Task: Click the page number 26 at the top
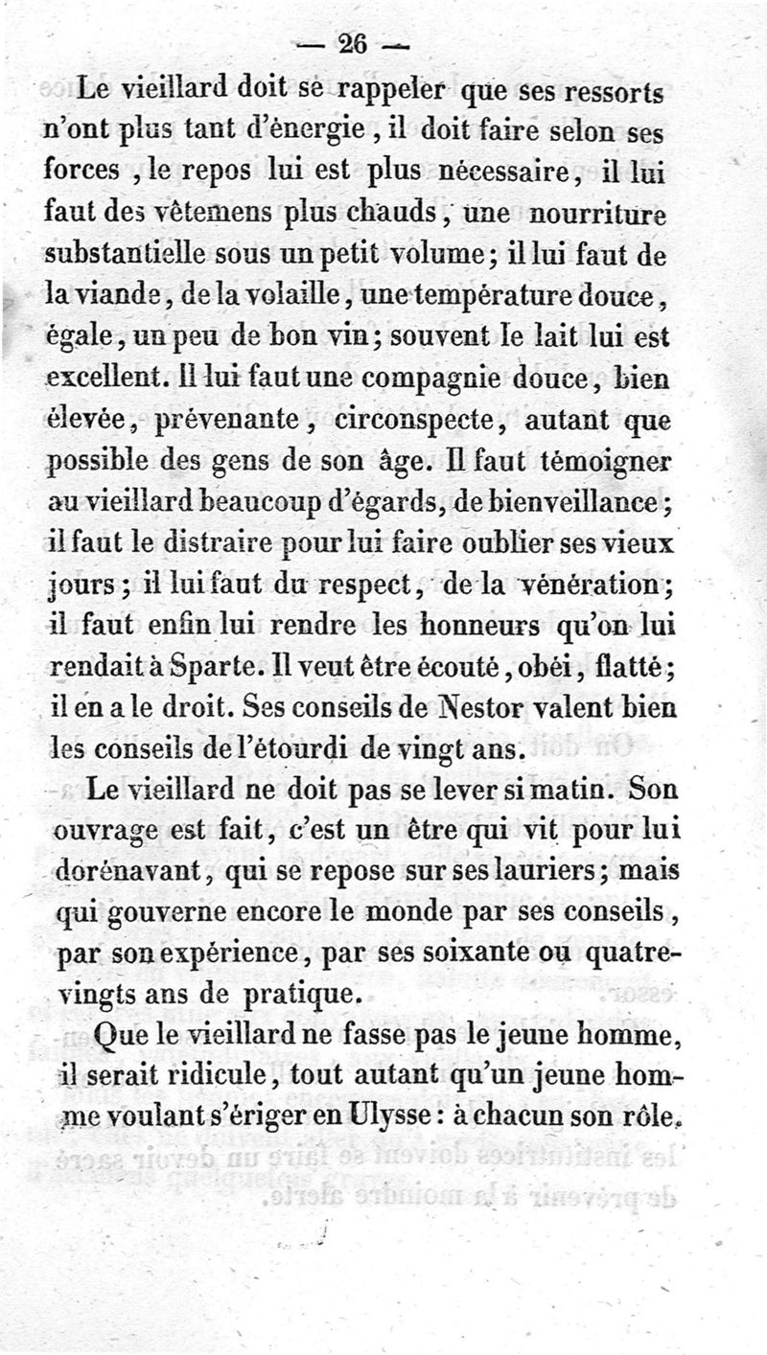point(354,44)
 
